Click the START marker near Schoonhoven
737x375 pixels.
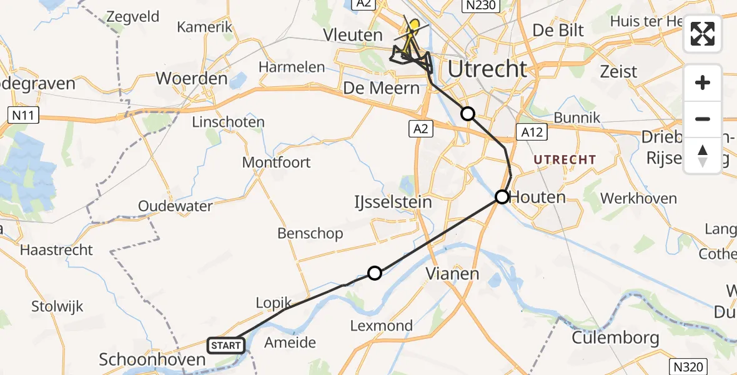coord(225,345)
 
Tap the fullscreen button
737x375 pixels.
coord(703,34)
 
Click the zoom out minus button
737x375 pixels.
coord(703,119)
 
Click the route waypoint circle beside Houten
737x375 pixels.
coord(502,197)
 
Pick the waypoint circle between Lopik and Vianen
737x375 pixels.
coord(374,272)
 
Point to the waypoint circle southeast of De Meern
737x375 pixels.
coord(467,113)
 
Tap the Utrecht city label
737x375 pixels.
coord(487,69)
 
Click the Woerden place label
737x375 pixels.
coord(192,79)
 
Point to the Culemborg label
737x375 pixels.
coord(616,338)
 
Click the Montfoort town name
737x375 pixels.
coord(277,162)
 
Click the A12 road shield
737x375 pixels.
coord(531,131)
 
